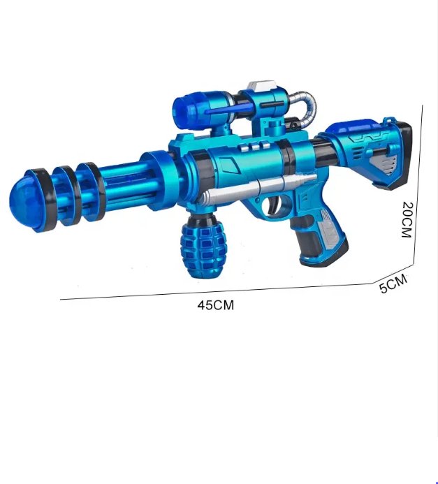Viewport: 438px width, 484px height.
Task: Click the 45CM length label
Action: (215, 305)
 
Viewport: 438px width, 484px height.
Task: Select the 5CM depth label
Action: (393, 283)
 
